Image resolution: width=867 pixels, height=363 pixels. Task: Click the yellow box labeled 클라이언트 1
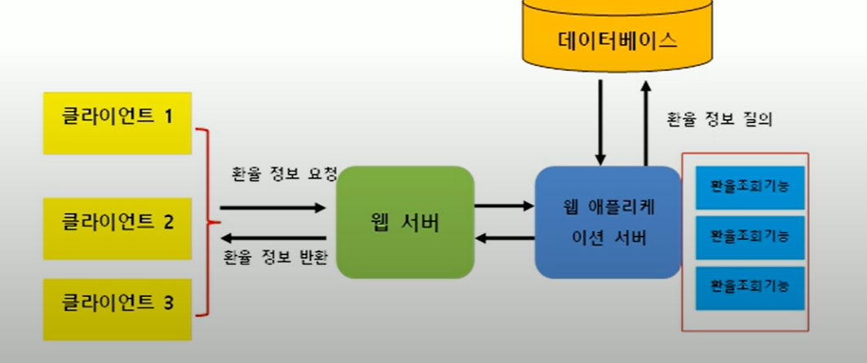[117, 122]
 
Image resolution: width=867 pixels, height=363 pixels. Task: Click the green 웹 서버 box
[405, 222]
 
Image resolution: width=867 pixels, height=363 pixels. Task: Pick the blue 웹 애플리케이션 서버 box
[607, 222]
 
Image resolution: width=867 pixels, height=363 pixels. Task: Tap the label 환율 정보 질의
[719, 119]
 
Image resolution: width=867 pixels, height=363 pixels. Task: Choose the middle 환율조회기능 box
[750, 237]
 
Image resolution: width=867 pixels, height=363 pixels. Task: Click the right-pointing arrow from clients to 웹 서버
[272, 207]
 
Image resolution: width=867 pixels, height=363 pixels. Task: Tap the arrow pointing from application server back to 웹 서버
[504, 237]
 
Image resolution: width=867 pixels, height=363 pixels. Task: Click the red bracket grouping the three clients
[210, 222]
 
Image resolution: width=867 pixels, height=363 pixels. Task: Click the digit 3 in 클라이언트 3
[168, 304]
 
